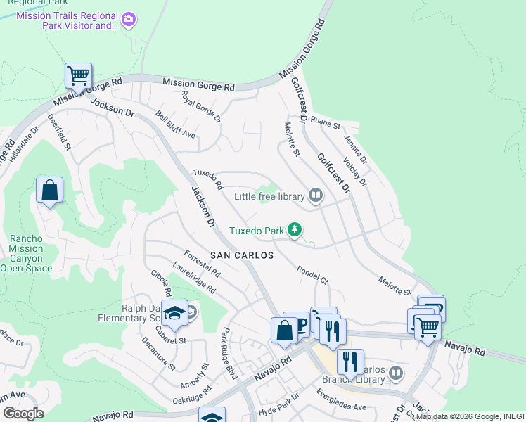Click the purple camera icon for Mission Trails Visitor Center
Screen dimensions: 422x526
coord(128,20)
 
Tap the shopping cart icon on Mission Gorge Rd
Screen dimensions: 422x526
coord(78,75)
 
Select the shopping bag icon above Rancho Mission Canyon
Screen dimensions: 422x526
coord(49,190)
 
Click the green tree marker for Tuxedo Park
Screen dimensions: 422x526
coord(295,230)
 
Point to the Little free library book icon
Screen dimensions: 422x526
coord(316,196)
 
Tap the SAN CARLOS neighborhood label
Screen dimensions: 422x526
coord(241,255)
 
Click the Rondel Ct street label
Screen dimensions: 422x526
coord(312,274)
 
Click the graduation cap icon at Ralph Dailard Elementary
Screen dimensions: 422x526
coord(174,313)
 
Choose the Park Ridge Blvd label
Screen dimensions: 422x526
coord(226,350)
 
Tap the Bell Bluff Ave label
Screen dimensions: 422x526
coord(175,125)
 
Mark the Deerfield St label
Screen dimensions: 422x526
coord(60,133)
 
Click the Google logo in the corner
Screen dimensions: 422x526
coord(23,414)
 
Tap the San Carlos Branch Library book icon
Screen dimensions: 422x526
coord(397,372)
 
